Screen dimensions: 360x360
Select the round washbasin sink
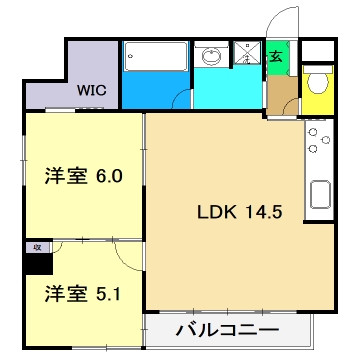point(211,58)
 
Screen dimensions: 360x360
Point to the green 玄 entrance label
point(277,57)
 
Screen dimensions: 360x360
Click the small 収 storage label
point(35,244)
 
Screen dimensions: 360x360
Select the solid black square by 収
point(36,262)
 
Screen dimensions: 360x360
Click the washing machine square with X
point(244,58)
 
